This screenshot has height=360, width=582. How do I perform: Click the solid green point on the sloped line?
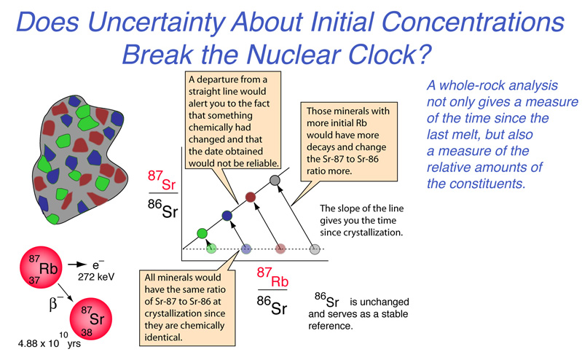click(x=202, y=233)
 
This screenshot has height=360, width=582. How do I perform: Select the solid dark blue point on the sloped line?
click(x=227, y=216)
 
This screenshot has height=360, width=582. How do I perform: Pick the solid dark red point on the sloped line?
click(x=251, y=197)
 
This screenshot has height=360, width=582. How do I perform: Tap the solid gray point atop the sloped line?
click(x=275, y=181)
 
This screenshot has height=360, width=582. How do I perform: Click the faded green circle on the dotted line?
click(x=211, y=249)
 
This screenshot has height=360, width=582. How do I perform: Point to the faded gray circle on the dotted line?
click(x=315, y=249)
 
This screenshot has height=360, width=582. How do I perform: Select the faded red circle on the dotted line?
click(x=280, y=249)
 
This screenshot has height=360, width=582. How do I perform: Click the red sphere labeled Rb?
click(x=41, y=267)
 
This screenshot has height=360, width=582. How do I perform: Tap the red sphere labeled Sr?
click(x=91, y=318)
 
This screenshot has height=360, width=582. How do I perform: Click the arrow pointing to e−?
click(x=77, y=265)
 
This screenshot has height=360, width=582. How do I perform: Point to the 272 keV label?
click(x=96, y=277)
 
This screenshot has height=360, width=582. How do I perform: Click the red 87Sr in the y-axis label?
click(x=162, y=181)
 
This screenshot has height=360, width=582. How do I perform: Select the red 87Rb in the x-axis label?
click(x=272, y=278)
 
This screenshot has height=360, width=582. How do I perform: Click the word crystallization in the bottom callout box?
click(x=185, y=313)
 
